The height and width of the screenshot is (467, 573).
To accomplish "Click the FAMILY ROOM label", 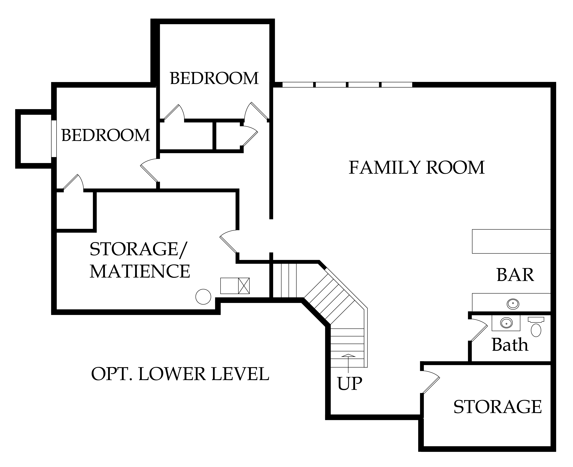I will pyautogui.click(x=416, y=168).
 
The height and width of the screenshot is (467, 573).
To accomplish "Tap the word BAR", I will pyautogui.click(x=515, y=275).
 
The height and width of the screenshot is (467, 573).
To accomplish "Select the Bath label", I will pyautogui.click(x=510, y=345).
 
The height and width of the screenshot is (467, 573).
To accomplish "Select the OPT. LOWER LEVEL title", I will pyautogui.click(x=180, y=374).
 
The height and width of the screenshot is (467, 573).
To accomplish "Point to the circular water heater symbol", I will pyautogui.click(x=203, y=297).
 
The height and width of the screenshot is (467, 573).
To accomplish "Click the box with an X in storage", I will pyautogui.click(x=244, y=286).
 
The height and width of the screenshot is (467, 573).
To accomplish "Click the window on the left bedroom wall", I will pyautogui.click(x=54, y=139).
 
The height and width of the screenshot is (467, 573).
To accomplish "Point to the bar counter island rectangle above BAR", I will pyautogui.click(x=511, y=241).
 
